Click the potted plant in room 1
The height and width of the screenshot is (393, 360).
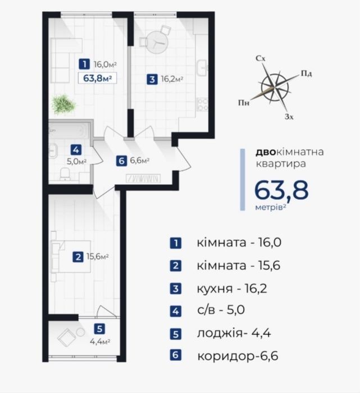coord(63,104)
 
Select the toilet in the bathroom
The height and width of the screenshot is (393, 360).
coord(65,174)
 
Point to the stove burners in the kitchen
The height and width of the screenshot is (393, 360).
coord(202,104)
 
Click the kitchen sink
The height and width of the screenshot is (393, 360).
coord(202,68)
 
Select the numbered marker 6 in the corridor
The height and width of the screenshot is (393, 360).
coord(121,161)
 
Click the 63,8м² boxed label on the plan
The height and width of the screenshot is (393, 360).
coord(97,78)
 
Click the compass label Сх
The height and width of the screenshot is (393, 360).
coord(261,58)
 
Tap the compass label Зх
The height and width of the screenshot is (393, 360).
coord(289,117)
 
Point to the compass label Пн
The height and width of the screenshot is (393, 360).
coord(244,103)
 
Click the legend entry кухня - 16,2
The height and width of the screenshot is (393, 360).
coord(232,289)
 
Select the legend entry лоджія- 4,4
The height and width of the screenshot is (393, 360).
coord(234,333)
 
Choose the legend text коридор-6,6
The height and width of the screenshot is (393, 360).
coord(238,356)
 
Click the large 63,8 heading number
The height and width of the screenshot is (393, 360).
coord(281,190)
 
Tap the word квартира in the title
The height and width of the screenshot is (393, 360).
coord(280,164)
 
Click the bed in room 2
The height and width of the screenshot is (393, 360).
coord(70,257)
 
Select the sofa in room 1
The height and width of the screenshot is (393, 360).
coord(66,61)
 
